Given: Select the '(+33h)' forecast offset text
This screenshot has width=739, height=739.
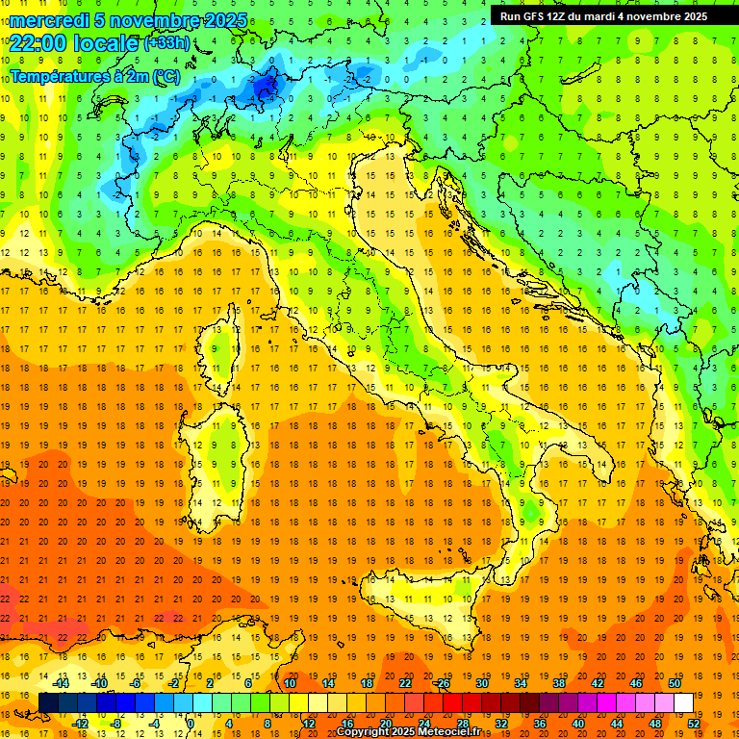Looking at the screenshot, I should [166, 43].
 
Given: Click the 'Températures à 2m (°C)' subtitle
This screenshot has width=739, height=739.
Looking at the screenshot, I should [94, 75].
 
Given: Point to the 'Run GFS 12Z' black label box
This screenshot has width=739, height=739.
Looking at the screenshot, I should [603, 16].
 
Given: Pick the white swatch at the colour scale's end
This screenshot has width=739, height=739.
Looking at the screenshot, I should [683, 702].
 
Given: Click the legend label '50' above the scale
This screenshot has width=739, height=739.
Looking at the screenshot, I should [674, 682].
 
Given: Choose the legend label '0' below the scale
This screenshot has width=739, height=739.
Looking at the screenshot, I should [191, 724].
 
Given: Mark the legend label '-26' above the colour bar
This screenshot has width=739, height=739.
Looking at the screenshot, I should [442, 682].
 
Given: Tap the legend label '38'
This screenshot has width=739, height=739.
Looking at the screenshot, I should [558, 682].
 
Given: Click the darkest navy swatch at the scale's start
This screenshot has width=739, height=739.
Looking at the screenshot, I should [48, 702].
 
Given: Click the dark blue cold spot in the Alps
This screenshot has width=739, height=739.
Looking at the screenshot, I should [265, 89].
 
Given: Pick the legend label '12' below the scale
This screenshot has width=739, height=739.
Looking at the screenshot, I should [309, 724].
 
